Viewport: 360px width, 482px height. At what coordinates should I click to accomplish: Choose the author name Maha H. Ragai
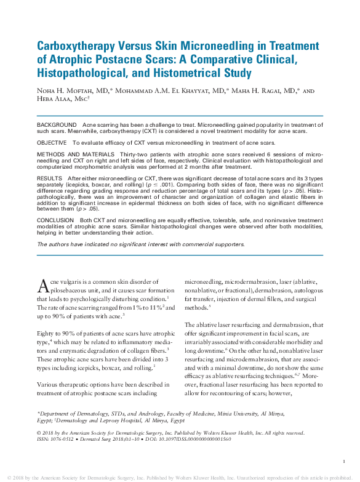(x=262, y=90)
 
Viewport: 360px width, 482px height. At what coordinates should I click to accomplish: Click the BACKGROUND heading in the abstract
(x=57, y=125)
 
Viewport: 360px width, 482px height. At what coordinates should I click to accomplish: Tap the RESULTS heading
(x=49, y=176)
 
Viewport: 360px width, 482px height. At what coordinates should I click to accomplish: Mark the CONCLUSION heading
(x=55, y=220)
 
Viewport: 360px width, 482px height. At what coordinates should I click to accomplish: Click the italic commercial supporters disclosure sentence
(x=140, y=244)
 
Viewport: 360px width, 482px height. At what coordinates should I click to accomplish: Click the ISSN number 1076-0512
(x=61, y=439)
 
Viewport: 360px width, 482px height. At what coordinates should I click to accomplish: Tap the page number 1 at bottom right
(x=343, y=461)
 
